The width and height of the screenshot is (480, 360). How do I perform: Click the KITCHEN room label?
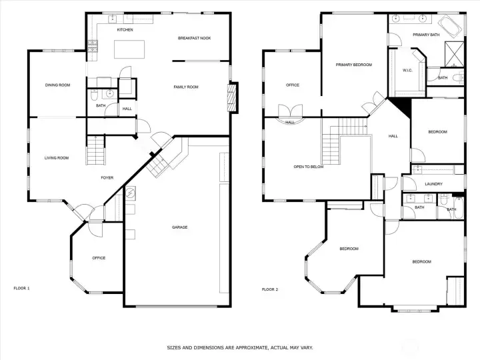pos(125,30)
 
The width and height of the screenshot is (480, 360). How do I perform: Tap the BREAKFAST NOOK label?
pos(194,38)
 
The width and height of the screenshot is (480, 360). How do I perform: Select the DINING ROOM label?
pos(57,85)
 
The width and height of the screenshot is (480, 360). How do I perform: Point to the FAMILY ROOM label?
pos(186,87)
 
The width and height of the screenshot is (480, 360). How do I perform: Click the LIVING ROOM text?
pos(57,158)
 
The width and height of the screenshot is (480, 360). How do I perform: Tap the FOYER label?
pos(107,177)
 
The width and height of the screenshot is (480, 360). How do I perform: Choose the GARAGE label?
pos(179,227)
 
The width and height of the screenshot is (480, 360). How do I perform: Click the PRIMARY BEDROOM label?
pos(353,65)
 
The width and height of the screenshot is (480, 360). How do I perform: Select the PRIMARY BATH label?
pos(425,35)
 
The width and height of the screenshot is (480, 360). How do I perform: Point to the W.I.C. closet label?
pos(408,70)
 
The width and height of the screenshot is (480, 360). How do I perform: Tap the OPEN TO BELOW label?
pos(309,167)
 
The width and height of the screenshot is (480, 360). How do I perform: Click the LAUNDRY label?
pos(434,185)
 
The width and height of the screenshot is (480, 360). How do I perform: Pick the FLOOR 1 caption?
pos(22,289)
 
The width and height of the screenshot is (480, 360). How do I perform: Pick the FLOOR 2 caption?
pos(270,289)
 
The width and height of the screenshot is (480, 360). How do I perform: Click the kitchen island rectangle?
pos(129,51)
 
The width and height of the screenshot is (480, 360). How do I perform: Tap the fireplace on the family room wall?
pos(232,98)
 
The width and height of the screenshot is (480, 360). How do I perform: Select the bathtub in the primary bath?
pos(452,27)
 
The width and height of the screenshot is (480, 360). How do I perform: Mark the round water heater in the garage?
pos(131,195)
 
